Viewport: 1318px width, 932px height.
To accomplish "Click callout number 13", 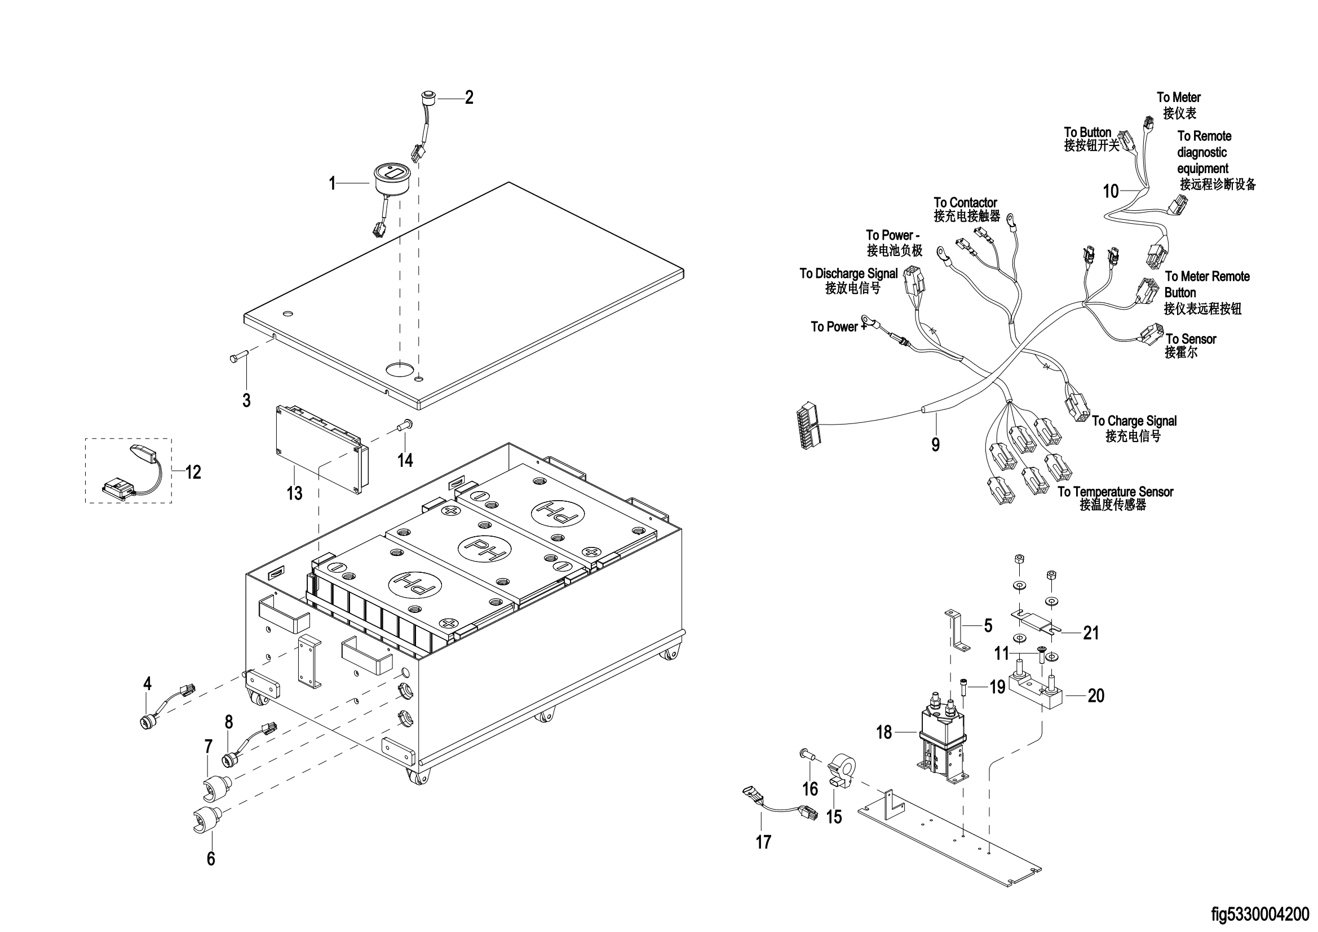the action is pos(294,493).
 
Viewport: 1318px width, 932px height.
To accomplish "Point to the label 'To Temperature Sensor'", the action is pos(1116,492).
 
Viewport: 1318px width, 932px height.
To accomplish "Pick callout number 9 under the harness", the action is pos(936,444).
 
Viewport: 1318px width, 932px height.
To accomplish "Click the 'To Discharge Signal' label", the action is pos(848,273).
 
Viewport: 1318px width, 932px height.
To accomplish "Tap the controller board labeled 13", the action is pos(321,448).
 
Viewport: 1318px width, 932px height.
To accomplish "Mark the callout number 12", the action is pos(193,472).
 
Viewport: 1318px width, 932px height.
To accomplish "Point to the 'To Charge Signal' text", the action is pos(1134,421).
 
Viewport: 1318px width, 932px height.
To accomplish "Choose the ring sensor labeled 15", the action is pos(842,774).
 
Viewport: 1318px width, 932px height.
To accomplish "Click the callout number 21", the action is pos(1091,633).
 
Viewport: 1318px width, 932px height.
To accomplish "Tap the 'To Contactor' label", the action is pos(965,203).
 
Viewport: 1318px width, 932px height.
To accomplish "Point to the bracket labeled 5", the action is pos(958,630).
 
